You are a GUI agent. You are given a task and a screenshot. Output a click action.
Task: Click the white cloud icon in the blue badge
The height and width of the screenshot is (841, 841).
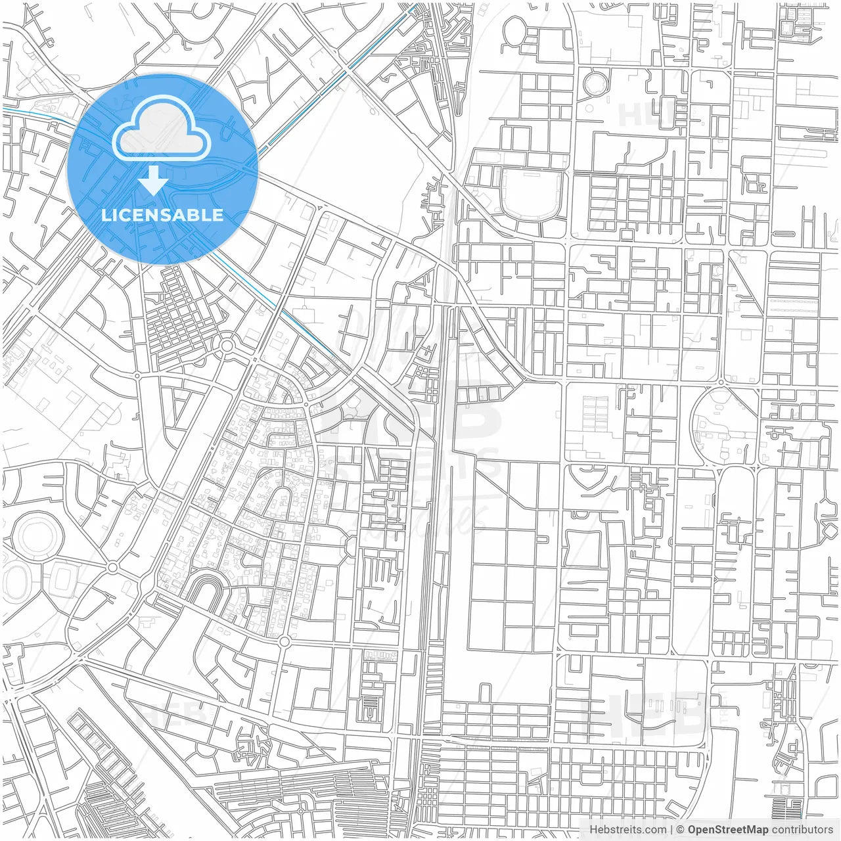point(162,128)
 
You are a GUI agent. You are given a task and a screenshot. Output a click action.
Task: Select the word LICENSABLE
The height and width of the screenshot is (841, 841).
point(162,215)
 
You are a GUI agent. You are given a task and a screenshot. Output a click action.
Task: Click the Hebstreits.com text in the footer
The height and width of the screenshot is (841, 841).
point(627,830)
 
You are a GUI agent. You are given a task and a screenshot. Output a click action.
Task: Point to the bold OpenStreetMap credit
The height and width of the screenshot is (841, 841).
point(727,830)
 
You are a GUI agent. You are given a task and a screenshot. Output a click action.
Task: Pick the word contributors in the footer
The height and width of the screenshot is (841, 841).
point(802,830)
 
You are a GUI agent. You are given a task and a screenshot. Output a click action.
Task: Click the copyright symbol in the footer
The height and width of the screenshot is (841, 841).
point(681,830)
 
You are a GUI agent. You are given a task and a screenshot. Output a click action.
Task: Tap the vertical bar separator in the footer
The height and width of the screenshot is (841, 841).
point(671,830)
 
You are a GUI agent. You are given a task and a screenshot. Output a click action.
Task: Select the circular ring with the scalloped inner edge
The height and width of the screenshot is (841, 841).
point(597,83)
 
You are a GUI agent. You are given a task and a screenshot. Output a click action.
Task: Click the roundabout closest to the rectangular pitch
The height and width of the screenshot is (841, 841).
point(112,566)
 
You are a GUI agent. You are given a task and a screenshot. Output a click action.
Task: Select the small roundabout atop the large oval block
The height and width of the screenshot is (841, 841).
point(721,382)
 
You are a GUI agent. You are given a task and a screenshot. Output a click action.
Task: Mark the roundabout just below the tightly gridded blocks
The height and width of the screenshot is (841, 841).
point(227,344)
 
